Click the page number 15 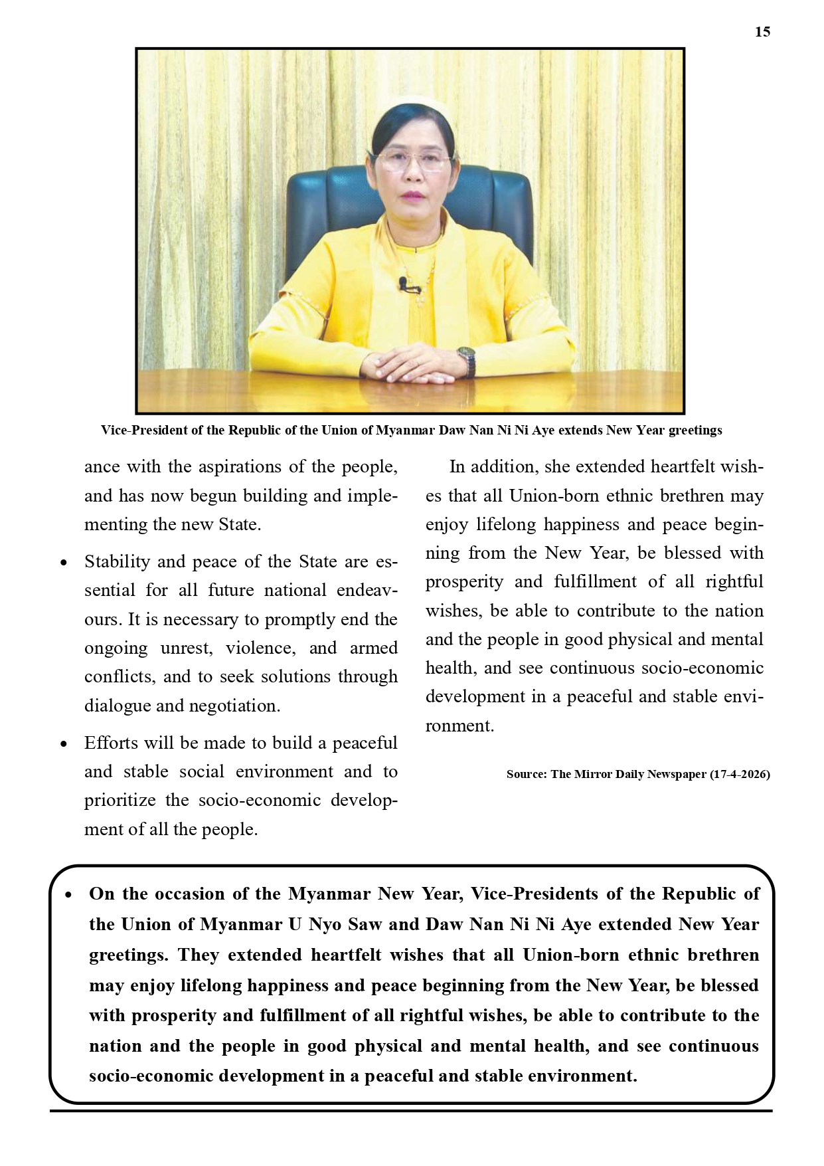click(x=762, y=32)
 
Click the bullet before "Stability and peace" click(x=64, y=563)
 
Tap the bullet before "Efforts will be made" click(x=64, y=744)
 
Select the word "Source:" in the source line click(x=527, y=774)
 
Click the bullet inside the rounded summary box click(x=68, y=895)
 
